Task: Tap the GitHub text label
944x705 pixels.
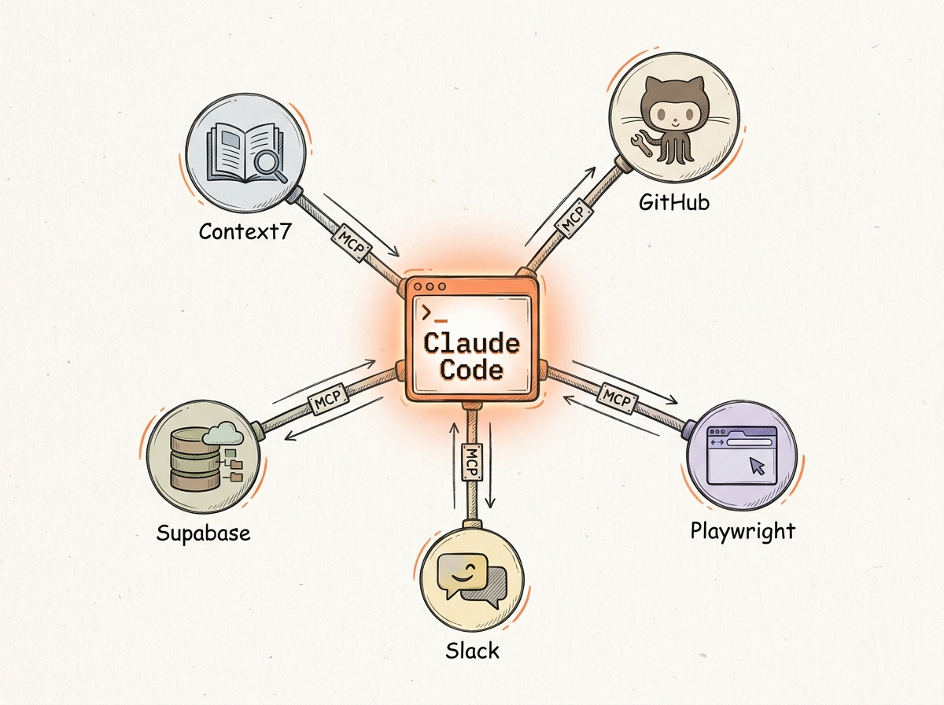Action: [x=674, y=202]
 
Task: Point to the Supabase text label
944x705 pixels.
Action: [x=203, y=532]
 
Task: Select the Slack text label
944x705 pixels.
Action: [x=471, y=651]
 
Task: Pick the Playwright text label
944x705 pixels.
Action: [x=743, y=530]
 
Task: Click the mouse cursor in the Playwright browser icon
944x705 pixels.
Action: [x=757, y=466]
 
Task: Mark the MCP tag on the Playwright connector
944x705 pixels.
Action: [x=617, y=396]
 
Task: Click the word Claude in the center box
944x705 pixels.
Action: [x=471, y=344]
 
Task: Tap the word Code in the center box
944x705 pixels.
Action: [x=471, y=371]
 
